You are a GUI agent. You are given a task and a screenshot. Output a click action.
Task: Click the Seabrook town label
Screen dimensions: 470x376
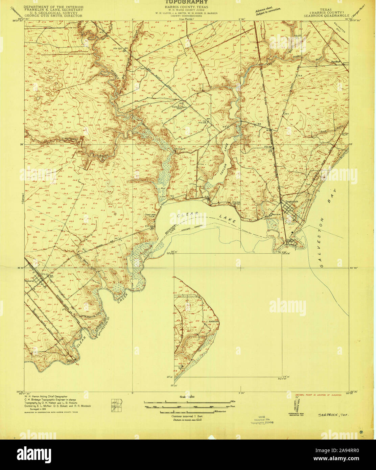point(292,201)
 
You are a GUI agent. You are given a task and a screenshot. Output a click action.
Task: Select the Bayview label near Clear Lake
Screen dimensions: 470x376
point(276,214)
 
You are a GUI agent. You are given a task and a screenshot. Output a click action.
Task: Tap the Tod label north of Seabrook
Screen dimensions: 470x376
point(307,184)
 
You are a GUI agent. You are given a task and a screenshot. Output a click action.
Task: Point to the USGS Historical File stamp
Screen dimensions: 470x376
point(262,420)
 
